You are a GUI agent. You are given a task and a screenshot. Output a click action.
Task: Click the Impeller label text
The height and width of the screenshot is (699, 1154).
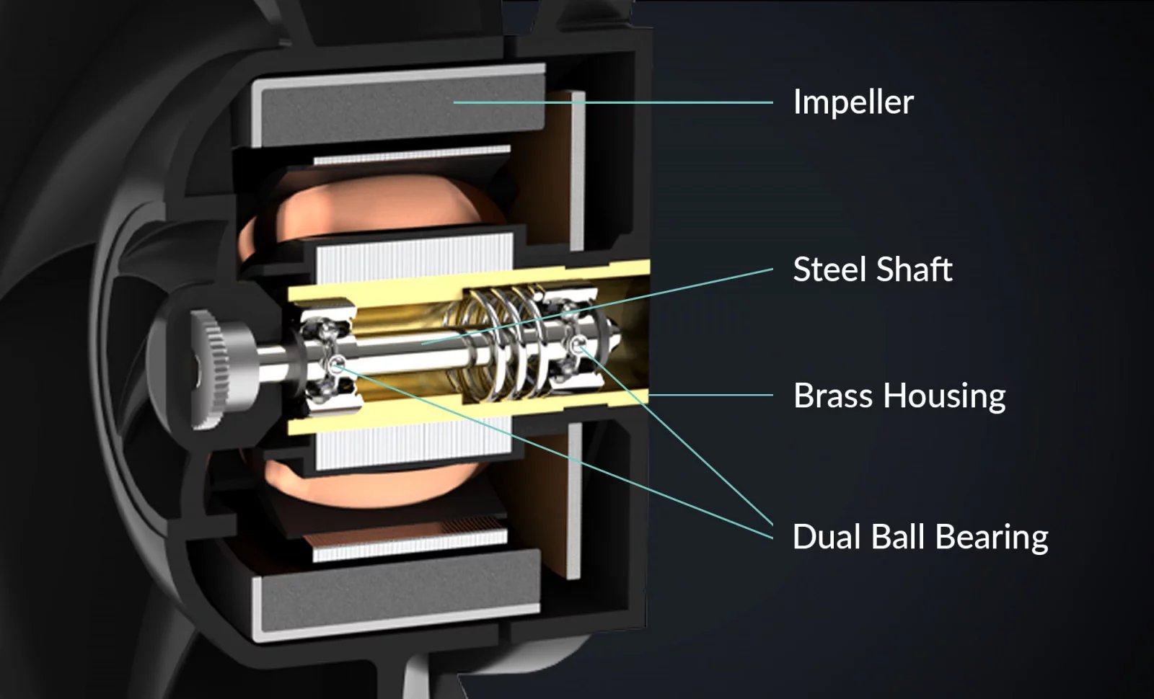pyautogui.click(x=853, y=102)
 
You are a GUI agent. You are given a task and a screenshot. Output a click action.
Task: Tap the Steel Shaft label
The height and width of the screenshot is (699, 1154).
pyautogui.click(x=873, y=269)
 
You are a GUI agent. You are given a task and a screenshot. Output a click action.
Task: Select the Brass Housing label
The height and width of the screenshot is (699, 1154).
pyautogui.click(x=899, y=396)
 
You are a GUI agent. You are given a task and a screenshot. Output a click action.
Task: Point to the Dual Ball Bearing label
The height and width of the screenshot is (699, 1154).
pyautogui.click(x=920, y=537)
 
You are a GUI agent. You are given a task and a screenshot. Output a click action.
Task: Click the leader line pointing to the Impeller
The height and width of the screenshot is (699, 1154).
pyautogui.click(x=613, y=102)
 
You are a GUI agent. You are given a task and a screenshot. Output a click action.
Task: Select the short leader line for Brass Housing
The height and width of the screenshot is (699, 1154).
pyautogui.click(x=711, y=396)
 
